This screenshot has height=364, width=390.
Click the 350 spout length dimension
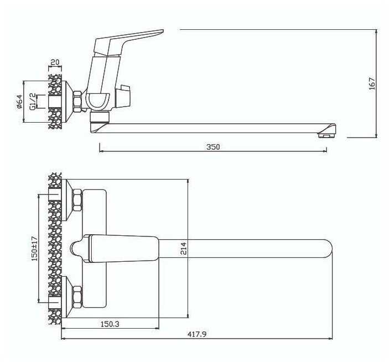click(214, 147)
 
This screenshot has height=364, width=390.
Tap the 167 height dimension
click(372, 83)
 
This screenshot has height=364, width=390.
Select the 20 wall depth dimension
click(55, 62)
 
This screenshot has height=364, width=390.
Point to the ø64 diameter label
click(19, 102)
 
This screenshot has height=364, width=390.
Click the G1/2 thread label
click(33, 102)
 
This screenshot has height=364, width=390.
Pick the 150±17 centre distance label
click(34, 249)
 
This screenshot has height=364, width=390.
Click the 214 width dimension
click(184, 249)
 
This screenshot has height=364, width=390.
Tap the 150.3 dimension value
click(110, 324)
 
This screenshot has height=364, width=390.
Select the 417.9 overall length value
click(197, 334)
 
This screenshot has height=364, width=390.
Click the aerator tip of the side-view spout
click(326, 135)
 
